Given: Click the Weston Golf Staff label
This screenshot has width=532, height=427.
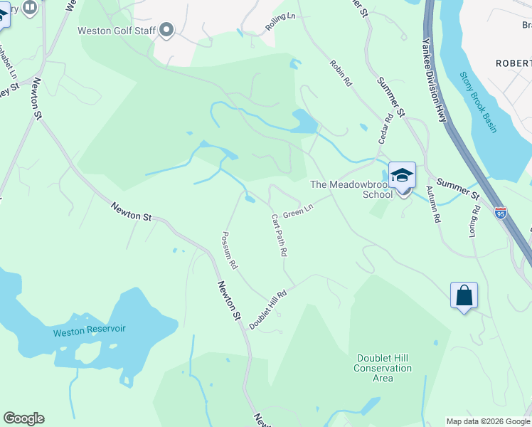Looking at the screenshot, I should (116, 30).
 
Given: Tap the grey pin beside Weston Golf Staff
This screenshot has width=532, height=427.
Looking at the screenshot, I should (167, 30).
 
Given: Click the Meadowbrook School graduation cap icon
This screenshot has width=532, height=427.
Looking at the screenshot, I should (402, 175).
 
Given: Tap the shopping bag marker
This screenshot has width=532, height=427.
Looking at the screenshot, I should (464, 295).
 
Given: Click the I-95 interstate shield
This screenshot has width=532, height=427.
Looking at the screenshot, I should (500, 213).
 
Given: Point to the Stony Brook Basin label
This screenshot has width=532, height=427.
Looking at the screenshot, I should (477, 102).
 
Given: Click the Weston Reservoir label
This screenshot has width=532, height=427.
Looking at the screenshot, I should (89, 330).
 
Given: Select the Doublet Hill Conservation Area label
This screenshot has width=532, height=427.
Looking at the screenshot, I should (383, 368).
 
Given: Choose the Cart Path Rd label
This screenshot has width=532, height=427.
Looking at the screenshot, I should (279, 235).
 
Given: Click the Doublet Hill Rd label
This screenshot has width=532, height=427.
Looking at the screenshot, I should (267, 309).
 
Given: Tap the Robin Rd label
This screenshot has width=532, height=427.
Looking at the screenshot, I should (341, 73).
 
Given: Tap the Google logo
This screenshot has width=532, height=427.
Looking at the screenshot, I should (23, 418).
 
